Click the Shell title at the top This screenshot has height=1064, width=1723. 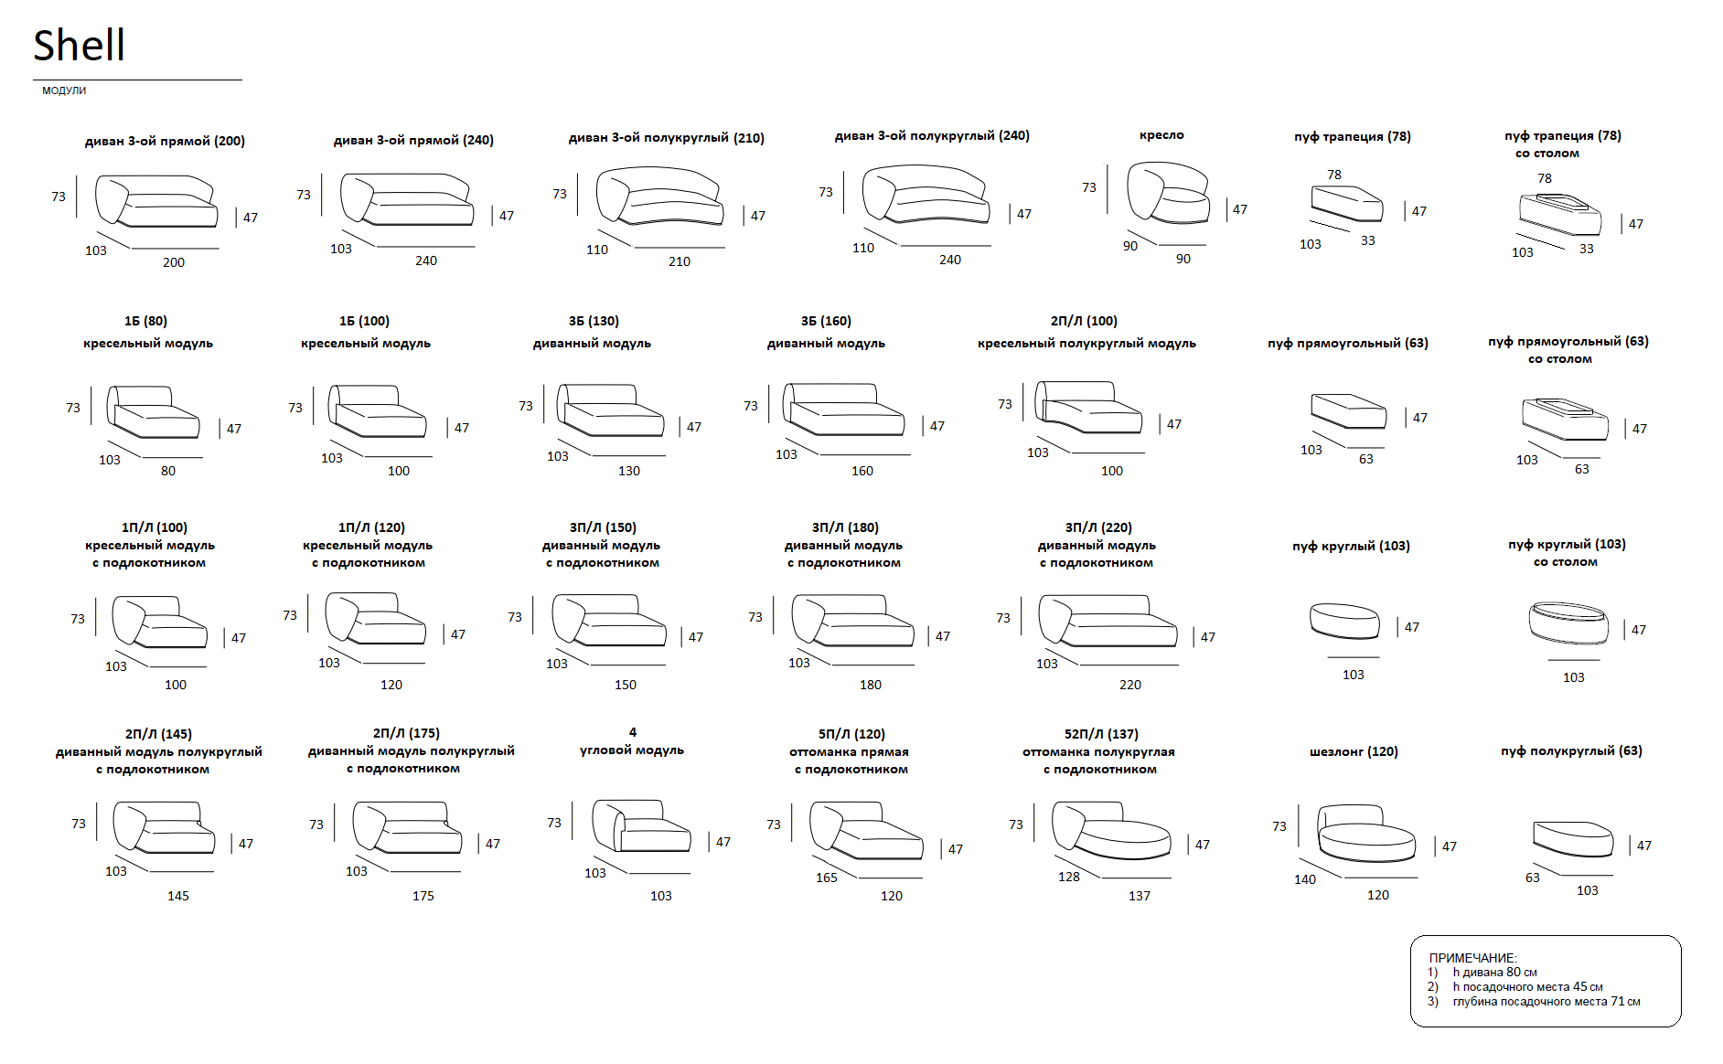pos(79,45)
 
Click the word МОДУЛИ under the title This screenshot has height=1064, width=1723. pos(64,90)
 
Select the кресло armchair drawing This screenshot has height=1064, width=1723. pos(1168,193)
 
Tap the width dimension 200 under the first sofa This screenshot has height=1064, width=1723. pos(174,262)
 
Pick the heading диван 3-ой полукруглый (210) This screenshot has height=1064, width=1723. pos(667,138)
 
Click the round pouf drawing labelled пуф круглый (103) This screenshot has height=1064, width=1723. pos(1344,621)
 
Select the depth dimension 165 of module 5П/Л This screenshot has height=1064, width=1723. pos(827,878)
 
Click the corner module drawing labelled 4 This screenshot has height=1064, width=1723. pos(641,826)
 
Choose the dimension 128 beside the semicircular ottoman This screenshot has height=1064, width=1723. pos(1069,877)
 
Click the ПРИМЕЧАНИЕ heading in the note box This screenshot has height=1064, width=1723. pos(1472,958)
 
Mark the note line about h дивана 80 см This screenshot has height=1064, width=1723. pos(1494,973)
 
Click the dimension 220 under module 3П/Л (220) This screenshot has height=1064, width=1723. pos(1130,685)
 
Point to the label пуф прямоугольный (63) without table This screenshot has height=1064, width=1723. pos(1348,344)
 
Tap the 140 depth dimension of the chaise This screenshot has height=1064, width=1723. pos(1305,879)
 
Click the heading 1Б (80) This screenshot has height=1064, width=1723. pos(146,321)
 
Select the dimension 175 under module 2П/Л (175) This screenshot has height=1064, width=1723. pos(423,896)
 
